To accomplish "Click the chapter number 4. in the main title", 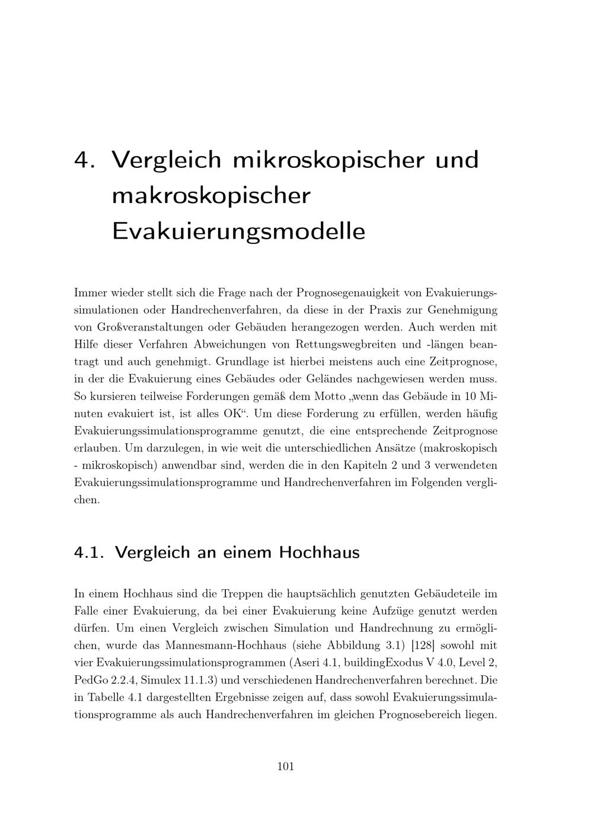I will tap(85, 160).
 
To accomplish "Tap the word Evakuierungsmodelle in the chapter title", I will tap(238, 231).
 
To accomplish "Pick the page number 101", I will tap(286, 766).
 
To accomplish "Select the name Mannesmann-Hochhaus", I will tap(244, 645).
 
